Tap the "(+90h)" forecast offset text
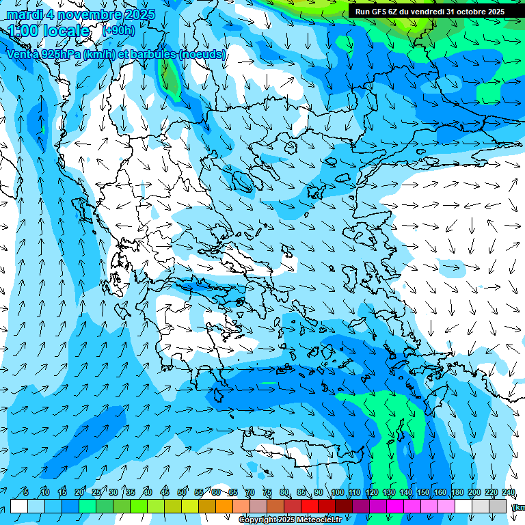coord(118,31)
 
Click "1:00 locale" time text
coord(49,31)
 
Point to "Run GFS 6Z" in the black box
coord(376,12)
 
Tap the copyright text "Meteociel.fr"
coord(315,520)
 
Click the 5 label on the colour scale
coord(26,492)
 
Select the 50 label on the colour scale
coord(182,492)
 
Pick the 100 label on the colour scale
coord(337,492)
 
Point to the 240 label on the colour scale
coord(509,492)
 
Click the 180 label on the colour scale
coord(457,492)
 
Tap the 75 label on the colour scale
coord(267,492)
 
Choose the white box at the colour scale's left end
coord(18,506)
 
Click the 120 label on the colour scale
coord(372,492)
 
